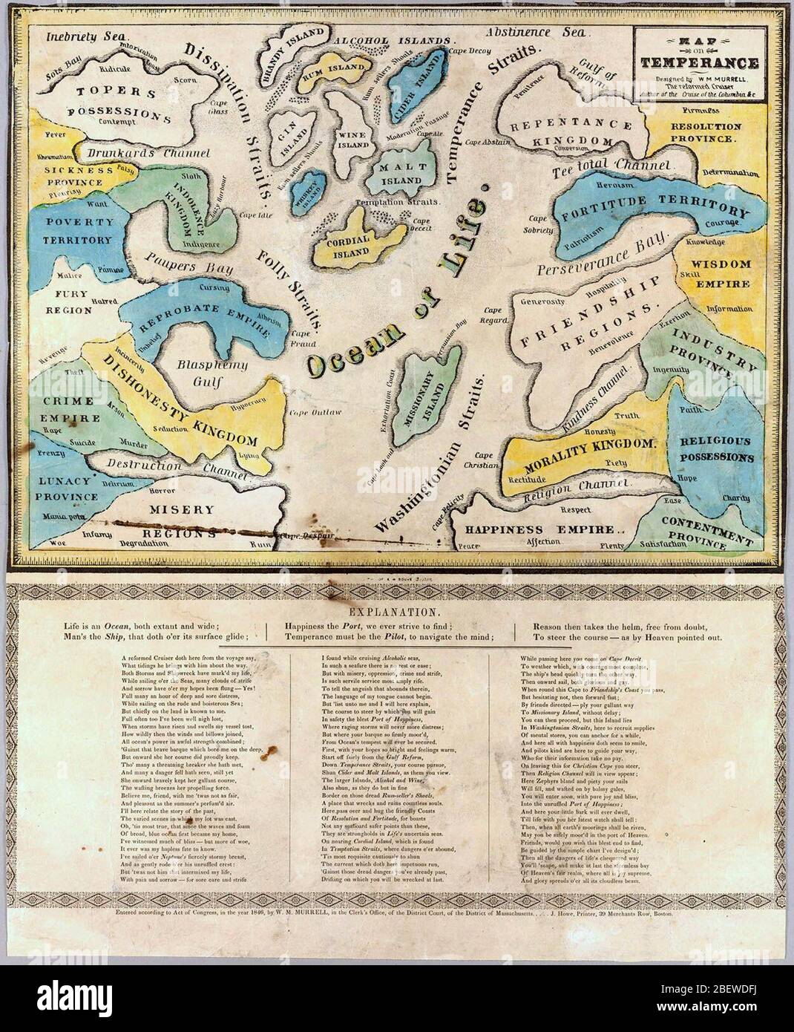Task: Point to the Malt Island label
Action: (401, 174)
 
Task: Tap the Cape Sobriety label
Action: (539, 225)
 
